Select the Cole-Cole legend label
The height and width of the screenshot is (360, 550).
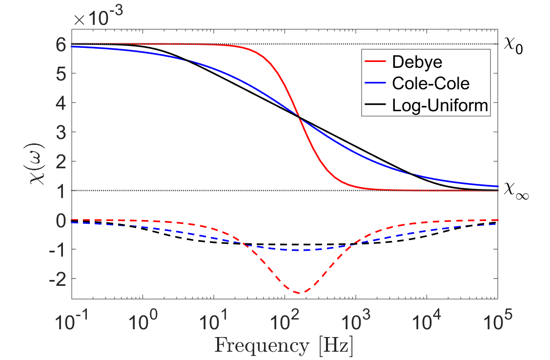coord(430,83)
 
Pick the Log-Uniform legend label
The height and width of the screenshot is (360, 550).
coord(440,105)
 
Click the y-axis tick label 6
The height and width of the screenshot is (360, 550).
coord(61,44)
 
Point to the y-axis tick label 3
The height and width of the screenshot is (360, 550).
coord(61,132)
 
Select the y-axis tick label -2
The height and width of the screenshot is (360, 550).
coord(57,279)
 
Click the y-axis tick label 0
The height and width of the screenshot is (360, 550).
coord(61,220)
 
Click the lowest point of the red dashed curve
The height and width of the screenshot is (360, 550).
coord(298,293)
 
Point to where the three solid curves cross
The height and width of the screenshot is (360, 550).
coord(299,118)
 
